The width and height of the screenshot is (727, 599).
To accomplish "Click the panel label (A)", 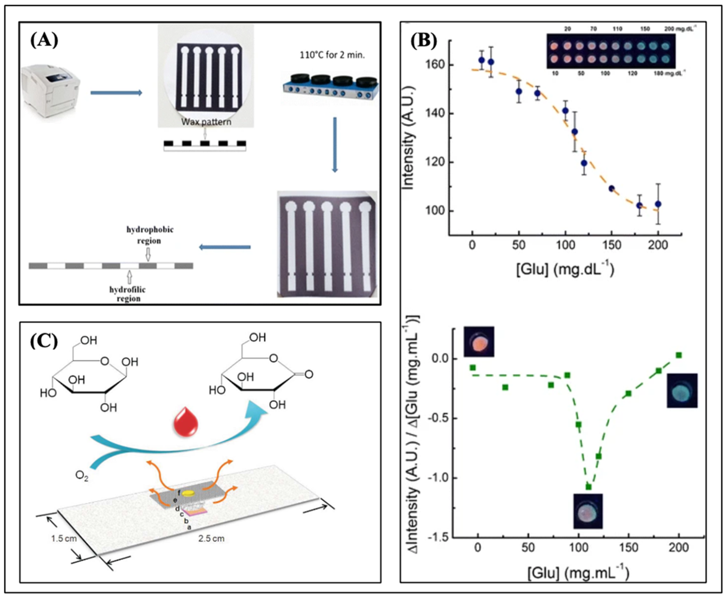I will [x=44, y=41].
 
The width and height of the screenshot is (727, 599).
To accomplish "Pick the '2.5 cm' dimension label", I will [x=211, y=538].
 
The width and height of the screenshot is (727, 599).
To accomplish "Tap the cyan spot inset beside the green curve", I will [x=682, y=391].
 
